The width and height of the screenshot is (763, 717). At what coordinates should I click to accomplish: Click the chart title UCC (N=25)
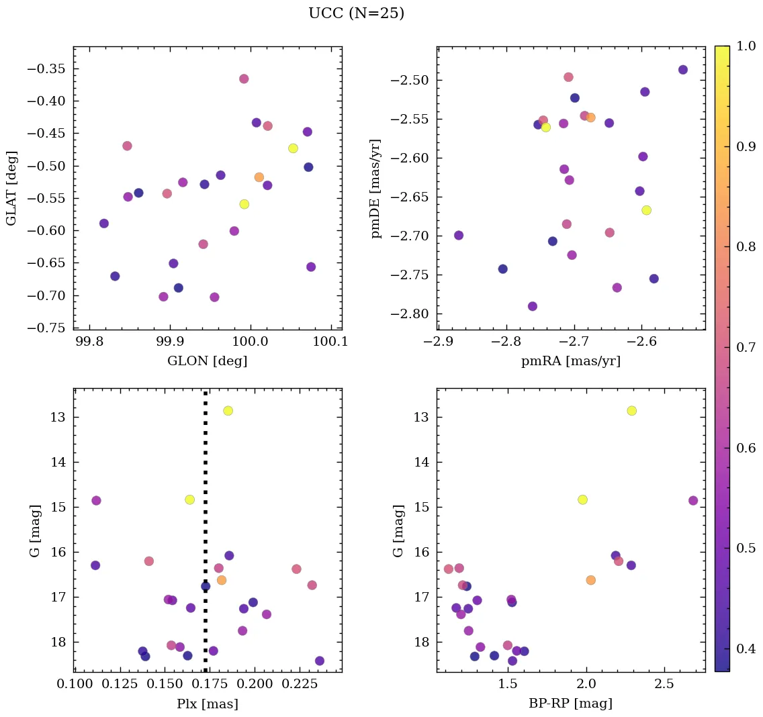(x=356, y=13)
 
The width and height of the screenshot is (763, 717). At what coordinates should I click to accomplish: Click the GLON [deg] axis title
(x=207, y=361)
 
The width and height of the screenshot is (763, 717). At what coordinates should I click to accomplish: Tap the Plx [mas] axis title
(x=207, y=704)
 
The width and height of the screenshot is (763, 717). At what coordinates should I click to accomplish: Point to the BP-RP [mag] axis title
(x=570, y=704)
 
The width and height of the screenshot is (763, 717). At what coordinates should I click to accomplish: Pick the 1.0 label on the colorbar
(x=746, y=47)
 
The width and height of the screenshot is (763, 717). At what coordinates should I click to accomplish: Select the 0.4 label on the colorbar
(x=746, y=649)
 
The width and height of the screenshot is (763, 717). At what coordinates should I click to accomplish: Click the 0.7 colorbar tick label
(x=746, y=347)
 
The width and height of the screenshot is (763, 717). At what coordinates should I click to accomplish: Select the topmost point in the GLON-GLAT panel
(x=244, y=79)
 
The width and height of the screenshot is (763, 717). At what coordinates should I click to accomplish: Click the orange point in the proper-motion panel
(x=590, y=117)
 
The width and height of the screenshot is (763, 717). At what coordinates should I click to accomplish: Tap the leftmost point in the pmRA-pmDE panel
(x=459, y=235)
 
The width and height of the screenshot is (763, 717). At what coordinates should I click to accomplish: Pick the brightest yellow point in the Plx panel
(x=228, y=410)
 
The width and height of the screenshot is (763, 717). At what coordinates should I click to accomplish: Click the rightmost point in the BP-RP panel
(x=693, y=500)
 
